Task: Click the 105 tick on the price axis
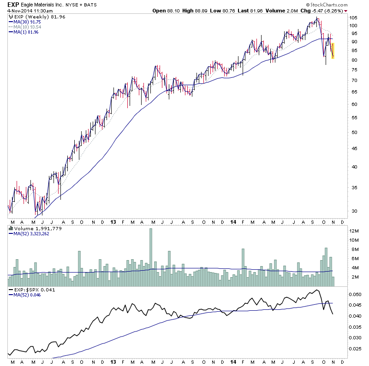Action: tap(352, 17)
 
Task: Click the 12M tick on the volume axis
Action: tap(353, 231)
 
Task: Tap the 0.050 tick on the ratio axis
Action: tap(354, 294)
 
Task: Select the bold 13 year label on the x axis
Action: tap(113, 222)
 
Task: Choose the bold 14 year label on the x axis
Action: tap(232, 222)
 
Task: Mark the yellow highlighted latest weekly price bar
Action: tap(333, 51)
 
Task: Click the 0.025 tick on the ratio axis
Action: tap(354, 349)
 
